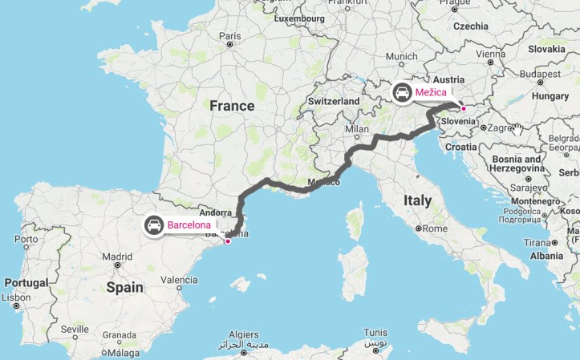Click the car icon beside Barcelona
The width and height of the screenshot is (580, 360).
click(x=153, y=225)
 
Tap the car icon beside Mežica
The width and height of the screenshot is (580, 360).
click(x=402, y=93)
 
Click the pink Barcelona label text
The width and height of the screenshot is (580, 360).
click(x=189, y=225)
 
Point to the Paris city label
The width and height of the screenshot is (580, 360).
click(x=229, y=35)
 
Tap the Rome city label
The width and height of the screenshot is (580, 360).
click(x=433, y=228)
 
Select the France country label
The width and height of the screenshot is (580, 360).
click(x=232, y=106)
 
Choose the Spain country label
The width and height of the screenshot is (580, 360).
click(x=124, y=286)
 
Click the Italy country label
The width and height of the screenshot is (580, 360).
click(x=417, y=200)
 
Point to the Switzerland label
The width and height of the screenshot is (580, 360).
click(x=334, y=102)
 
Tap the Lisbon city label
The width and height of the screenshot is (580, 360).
click(x=17, y=297)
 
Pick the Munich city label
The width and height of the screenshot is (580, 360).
click(x=401, y=56)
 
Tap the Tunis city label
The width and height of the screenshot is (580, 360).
click(x=375, y=332)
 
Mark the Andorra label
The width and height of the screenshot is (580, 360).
click(x=193, y=214)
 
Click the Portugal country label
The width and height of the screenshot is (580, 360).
click(x=26, y=282)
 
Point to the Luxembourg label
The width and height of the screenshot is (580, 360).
click(x=299, y=16)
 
